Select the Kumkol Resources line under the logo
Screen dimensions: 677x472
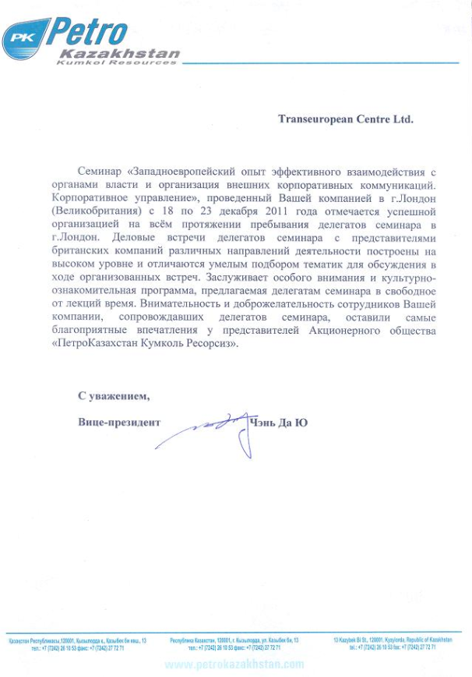[x=116, y=62]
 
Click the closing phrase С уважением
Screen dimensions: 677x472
[x=114, y=396]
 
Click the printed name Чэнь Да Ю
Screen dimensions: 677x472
[x=279, y=423]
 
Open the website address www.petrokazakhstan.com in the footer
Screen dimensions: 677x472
[x=234, y=665]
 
